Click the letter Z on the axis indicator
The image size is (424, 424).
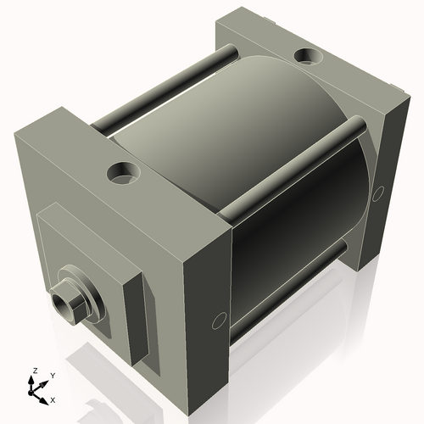click(33, 371)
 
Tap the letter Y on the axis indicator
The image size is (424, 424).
click(53, 374)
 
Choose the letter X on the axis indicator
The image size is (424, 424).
click(53, 399)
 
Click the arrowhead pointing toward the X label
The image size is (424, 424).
click(45, 395)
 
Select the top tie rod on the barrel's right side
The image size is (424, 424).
click(297, 170)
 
